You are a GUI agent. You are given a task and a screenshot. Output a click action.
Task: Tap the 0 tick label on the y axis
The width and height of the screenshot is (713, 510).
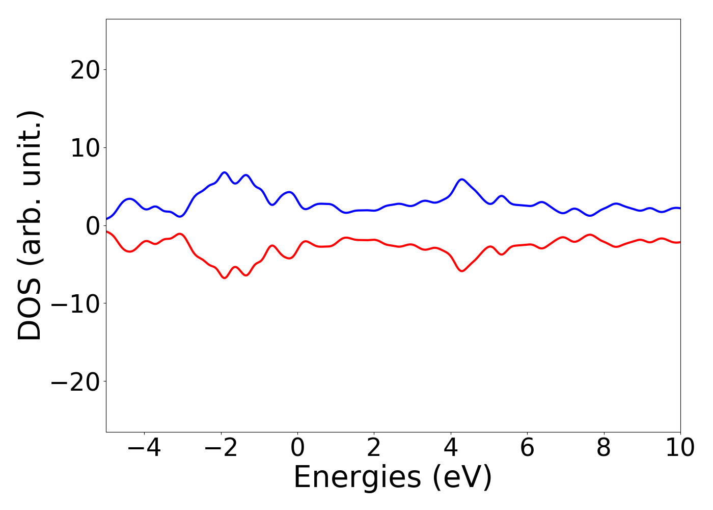pos(92,225)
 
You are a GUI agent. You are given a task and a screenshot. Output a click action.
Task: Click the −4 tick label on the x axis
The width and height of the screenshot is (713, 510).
pos(144,448)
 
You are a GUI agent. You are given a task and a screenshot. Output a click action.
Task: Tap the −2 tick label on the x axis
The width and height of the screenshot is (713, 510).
pos(221,448)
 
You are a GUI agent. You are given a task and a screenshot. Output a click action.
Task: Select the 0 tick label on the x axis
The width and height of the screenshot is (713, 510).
pos(297,448)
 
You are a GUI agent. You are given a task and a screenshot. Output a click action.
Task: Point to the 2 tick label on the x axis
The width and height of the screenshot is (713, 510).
pos(374,448)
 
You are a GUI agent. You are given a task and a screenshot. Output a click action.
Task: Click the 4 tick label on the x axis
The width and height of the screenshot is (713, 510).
pos(451,448)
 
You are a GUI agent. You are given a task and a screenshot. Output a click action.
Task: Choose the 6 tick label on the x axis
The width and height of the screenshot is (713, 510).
pos(527,448)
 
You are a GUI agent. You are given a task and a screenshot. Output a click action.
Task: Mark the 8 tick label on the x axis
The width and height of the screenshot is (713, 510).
pos(604,448)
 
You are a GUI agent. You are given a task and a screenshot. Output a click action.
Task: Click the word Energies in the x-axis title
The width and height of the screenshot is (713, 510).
pos(358,478)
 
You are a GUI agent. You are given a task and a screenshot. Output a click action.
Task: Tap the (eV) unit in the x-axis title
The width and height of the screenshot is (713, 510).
pos(462,478)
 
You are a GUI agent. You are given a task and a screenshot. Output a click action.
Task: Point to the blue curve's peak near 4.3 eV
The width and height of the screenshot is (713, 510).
pos(462,180)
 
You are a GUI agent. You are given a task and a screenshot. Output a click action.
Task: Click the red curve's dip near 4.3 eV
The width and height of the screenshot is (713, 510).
pos(462,271)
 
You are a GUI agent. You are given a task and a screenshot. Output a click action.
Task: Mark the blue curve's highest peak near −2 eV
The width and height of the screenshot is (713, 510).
pos(224,172)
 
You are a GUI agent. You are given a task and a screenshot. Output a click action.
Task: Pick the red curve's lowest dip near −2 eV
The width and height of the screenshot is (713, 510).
pos(224,278)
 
